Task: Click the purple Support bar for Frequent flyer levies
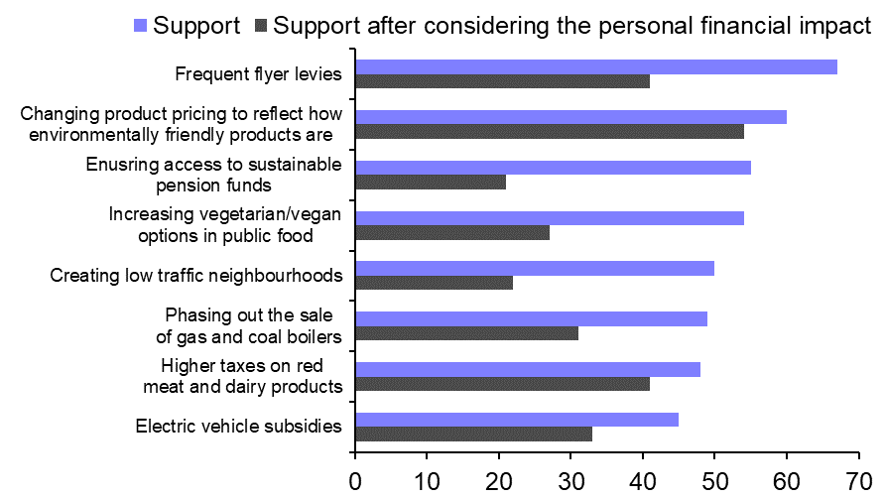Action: point(595,66)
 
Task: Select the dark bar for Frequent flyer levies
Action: point(502,81)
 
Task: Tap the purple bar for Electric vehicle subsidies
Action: point(516,419)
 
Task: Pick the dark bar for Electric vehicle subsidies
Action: point(473,434)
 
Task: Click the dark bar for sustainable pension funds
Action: point(431,182)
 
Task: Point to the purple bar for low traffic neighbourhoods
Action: point(534,268)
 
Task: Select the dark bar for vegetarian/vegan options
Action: point(451,232)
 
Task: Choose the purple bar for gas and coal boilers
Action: point(531,318)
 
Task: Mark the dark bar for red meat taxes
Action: point(502,383)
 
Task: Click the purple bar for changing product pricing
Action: point(570,116)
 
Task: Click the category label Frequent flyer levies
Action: point(258,74)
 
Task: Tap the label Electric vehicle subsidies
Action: point(238,427)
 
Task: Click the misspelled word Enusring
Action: point(120,164)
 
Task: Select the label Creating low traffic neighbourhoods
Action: point(196,275)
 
